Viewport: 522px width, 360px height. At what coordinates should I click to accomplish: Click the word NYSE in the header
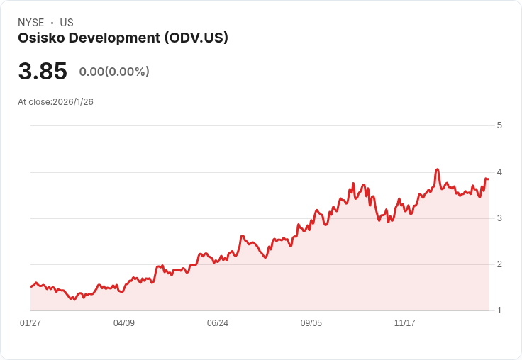pyautogui.click(x=31, y=23)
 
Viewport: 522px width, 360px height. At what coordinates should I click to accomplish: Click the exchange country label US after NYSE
pyautogui.click(x=67, y=23)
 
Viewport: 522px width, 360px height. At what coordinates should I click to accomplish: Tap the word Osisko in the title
pyautogui.click(x=39, y=38)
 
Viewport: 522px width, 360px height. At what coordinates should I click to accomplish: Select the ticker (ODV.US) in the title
pyautogui.click(x=196, y=38)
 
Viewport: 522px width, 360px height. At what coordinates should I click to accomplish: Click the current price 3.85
pyautogui.click(x=43, y=72)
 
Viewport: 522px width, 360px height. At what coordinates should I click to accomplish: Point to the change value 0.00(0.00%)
pyautogui.click(x=114, y=72)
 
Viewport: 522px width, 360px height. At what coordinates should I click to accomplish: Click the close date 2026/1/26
pyautogui.click(x=73, y=102)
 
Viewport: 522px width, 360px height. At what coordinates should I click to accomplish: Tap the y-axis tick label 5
pyautogui.click(x=499, y=125)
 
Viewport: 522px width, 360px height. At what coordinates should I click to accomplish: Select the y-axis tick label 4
pyautogui.click(x=499, y=172)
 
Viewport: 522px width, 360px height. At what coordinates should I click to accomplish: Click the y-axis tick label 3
pyautogui.click(x=499, y=218)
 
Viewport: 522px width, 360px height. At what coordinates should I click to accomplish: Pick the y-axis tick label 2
pyautogui.click(x=499, y=264)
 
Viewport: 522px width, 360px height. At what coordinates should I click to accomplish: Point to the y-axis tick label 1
pyautogui.click(x=499, y=310)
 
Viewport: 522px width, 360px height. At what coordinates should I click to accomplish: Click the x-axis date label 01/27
pyautogui.click(x=30, y=323)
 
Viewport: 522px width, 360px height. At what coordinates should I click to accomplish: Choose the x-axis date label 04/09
pyautogui.click(x=124, y=323)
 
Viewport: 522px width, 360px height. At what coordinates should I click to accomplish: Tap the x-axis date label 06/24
pyautogui.click(x=218, y=323)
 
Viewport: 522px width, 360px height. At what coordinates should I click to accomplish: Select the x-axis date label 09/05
pyautogui.click(x=311, y=323)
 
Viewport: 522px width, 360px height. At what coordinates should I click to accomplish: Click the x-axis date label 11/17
pyautogui.click(x=405, y=323)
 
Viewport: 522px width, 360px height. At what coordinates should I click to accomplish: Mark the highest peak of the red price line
pyautogui.click(x=438, y=169)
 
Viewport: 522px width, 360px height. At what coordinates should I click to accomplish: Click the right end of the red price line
pyautogui.click(x=488, y=179)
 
